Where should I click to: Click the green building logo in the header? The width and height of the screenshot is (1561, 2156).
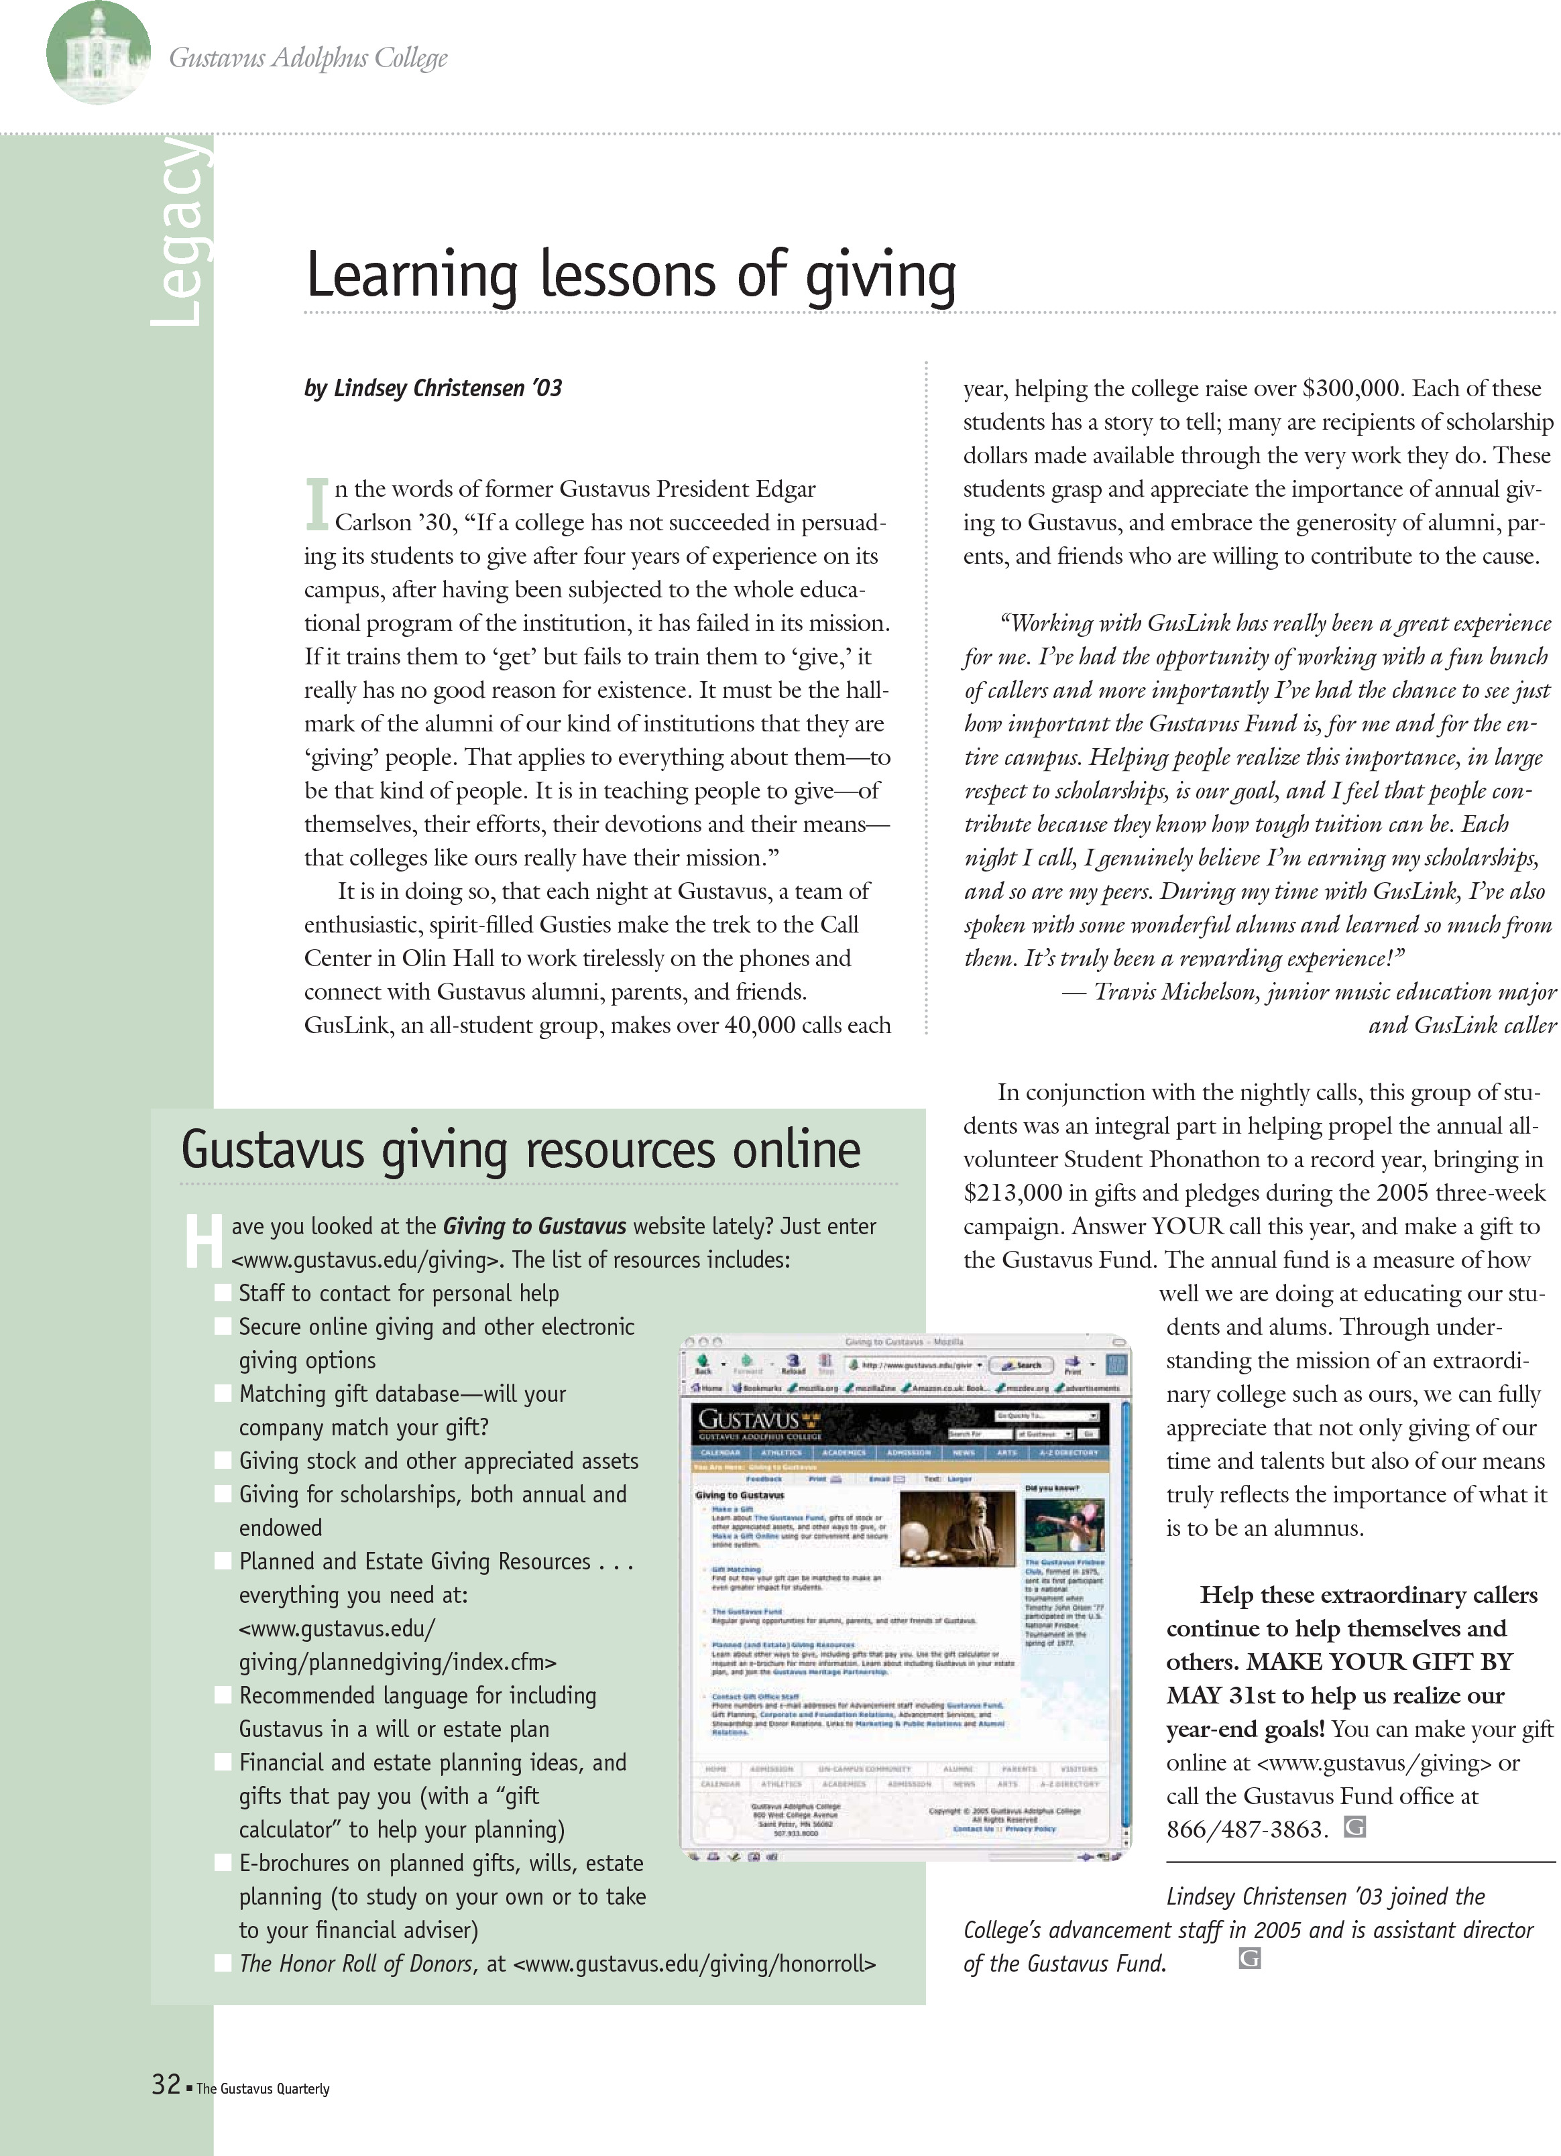98,52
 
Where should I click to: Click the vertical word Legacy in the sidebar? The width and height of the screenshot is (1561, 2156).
180,233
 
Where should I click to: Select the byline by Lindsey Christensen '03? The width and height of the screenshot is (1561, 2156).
432,389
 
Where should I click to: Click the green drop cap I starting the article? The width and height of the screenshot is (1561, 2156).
316,504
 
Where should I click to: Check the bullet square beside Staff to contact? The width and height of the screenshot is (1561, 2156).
223,1293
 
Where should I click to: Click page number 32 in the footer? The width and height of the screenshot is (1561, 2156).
166,2085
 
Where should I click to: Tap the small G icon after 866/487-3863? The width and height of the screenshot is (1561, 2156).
1354,1827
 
